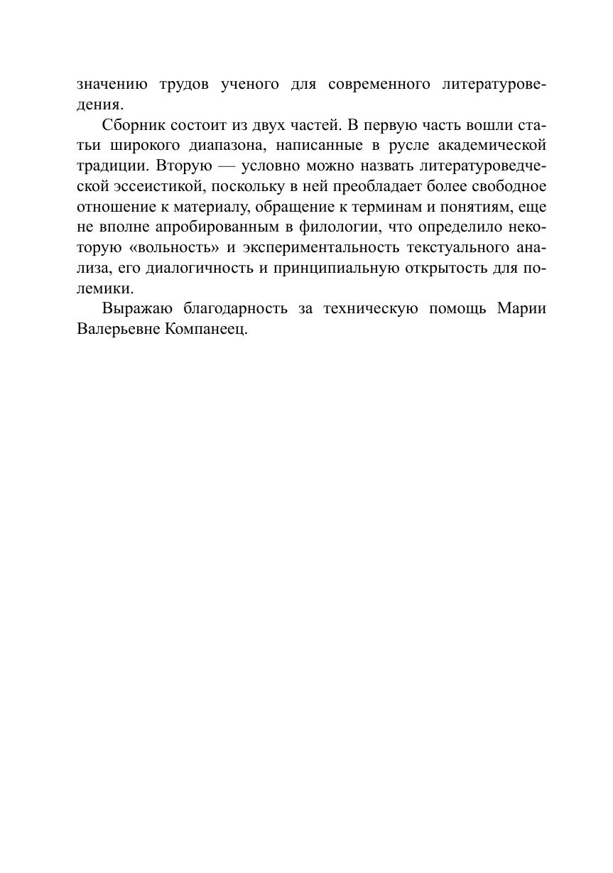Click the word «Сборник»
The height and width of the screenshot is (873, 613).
134,126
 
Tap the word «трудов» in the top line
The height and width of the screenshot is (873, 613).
185,85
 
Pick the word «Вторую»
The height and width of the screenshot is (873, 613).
183,166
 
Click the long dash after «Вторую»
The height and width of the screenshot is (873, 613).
227,166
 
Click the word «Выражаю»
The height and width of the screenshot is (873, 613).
138,309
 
